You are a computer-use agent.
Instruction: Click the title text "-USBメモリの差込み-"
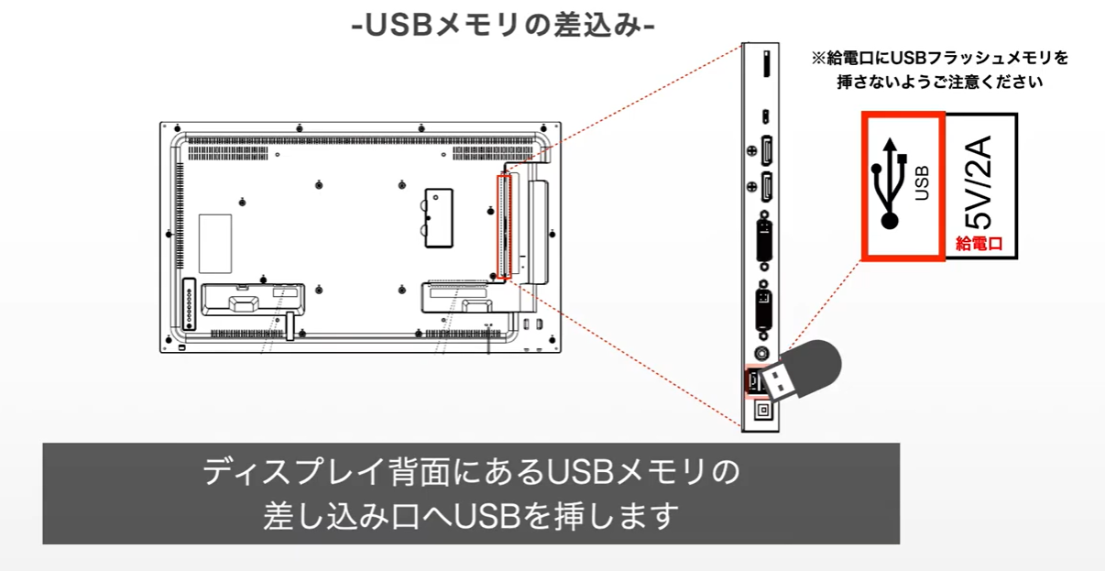pos(503,25)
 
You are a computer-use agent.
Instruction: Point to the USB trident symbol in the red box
pos(888,182)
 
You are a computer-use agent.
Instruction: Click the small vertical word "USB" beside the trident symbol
pos(922,182)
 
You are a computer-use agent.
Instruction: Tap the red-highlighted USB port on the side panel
pos(752,379)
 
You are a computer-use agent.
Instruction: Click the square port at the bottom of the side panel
pos(760,412)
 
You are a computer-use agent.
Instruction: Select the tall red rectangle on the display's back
pos(502,226)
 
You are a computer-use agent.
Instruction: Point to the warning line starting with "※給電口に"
pos(939,58)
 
